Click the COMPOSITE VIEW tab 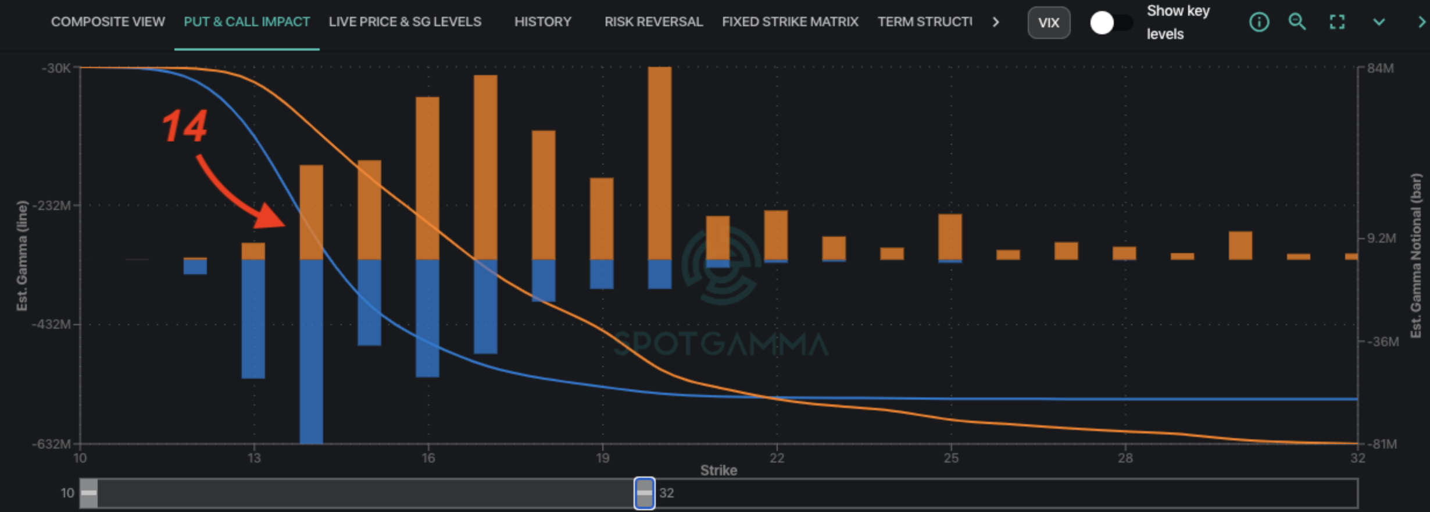108,22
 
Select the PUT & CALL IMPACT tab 246,22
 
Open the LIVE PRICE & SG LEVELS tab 405,22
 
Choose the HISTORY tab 542,22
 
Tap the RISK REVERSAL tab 653,22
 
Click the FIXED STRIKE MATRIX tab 790,22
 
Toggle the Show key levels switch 1110,23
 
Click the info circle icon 1259,23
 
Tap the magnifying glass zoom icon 1297,22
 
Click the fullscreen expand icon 1337,23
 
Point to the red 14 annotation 184,126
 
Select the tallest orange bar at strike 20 660,163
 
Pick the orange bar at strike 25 950,236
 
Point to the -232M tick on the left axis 53,205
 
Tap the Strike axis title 718,470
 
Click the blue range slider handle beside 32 644,493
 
